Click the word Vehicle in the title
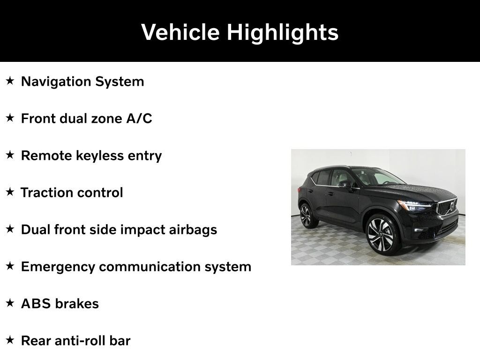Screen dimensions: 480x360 (x=180, y=32)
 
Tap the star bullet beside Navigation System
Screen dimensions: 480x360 (x=10, y=81)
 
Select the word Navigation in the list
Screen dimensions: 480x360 (x=56, y=82)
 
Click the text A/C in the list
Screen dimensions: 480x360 (x=139, y=119)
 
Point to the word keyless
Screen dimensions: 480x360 (x=100, y=156)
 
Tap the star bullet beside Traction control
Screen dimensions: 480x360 (x=10, y=192)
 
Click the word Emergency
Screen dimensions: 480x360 (x=58, y=267)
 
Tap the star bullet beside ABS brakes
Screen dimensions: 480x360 (x=10, y=303)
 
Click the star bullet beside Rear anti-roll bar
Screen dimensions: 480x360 (x=10, y=340)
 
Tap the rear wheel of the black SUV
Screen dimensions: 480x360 (x=307, y=216)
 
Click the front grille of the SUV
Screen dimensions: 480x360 (x=447, y=207)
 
